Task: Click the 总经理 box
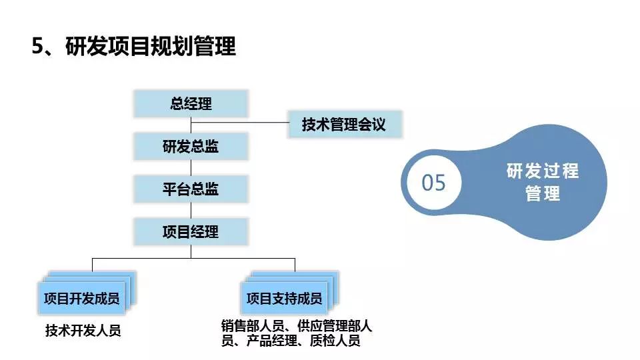click(191, 105)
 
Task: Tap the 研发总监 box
click(191, 147)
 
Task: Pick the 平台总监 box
click(191, 189)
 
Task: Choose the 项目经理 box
click(191, 231)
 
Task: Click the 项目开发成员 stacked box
click(82, 298)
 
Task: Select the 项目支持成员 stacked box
click(284, 298)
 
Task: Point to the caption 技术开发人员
click(83, 330)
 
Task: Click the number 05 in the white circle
click(433, 182)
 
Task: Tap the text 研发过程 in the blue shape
click(542, 171)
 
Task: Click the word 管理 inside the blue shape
click(542, 194)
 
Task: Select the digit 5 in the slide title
click(38, 47)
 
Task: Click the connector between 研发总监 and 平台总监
click(191, 167)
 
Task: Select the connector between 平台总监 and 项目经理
click(191, 210)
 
